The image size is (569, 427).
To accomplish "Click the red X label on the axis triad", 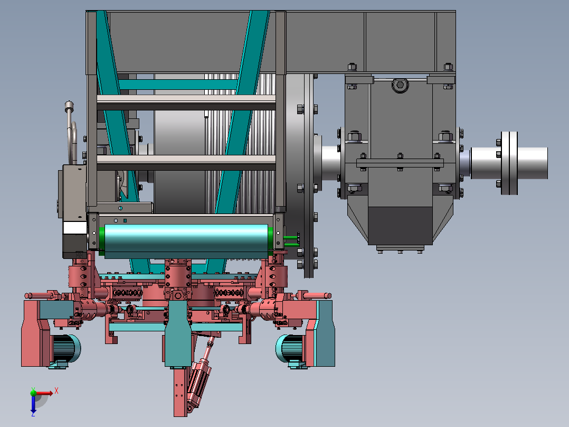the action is (x=56, y=391).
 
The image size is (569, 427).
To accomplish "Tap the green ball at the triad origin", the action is (x=33, y=393).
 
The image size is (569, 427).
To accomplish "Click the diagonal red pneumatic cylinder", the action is (x=200, y=378).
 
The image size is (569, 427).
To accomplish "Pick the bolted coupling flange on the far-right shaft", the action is (x=509, y=163).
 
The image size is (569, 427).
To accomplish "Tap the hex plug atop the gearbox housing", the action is (x=400, y=85).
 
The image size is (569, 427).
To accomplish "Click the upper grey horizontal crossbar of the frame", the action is (x=186, y=102).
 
